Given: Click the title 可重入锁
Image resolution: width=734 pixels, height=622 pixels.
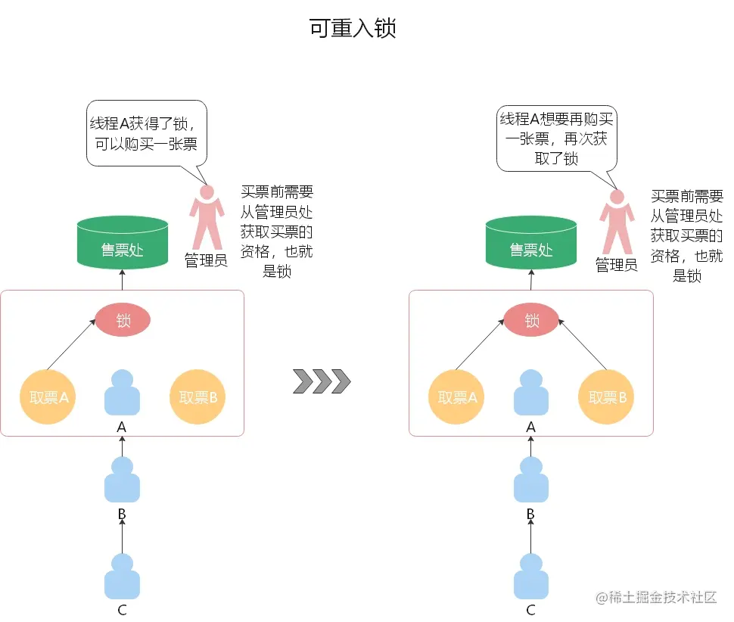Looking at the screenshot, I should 353,29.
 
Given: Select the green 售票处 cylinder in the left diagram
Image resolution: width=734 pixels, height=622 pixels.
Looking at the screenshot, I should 123,243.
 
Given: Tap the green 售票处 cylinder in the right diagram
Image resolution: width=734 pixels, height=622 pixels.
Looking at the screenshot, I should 531,243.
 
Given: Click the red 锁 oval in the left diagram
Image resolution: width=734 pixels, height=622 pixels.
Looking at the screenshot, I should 123,321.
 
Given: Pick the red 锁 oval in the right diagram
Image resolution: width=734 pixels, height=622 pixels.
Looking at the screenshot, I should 531,321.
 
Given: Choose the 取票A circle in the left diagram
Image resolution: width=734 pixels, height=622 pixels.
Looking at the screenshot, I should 48,397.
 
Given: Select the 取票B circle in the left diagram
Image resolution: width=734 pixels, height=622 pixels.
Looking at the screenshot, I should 197,397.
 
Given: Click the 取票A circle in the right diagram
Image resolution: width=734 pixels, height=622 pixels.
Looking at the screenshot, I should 456,397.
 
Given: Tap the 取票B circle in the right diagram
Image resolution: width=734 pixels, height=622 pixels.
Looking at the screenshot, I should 607,397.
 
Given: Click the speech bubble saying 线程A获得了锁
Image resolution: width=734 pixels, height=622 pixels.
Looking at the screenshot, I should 147,133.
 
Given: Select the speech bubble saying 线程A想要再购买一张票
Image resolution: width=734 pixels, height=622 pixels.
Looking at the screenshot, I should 556,138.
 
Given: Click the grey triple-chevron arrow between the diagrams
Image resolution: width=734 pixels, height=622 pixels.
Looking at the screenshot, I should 322,381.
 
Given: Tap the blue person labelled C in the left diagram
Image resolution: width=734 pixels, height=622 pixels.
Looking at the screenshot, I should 122,577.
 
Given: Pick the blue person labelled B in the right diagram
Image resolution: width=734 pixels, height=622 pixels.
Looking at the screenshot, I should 530,480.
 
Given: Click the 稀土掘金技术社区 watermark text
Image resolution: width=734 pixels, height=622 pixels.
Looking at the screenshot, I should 655,597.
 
